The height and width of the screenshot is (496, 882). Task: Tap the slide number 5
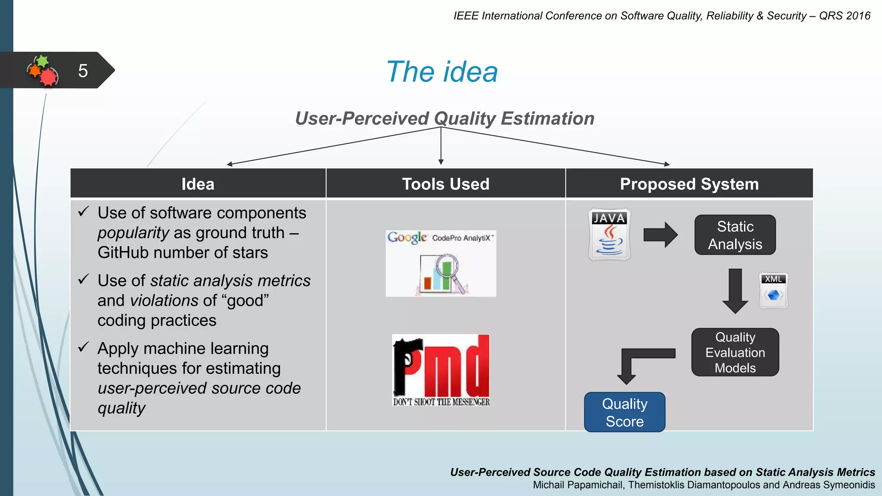tap(83, 71)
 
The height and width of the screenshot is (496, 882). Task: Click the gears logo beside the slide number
tap(43, 71)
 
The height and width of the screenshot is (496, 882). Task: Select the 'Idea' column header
tap(198, 184)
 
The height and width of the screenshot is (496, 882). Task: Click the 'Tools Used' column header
tap(445, 184)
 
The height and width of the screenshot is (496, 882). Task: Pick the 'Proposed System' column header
tap(689, 184)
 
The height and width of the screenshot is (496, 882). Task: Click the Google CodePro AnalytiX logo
tap(441, 263)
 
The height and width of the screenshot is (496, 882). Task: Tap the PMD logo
tap(441, 370)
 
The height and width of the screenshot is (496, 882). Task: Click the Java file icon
tap(609, 235)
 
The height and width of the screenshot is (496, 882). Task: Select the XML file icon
tap(773, 291)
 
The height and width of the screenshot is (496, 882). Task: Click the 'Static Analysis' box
tap(735, 235)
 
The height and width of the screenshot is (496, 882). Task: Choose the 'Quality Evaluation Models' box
tap(735, 352)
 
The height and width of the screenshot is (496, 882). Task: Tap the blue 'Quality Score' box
tap(624, 412)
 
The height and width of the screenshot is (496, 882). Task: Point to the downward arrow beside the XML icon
tap(735, 291)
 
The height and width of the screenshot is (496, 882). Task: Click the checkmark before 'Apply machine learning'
tap(84, 347)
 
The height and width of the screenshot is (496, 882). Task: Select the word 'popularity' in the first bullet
tap(133, 233)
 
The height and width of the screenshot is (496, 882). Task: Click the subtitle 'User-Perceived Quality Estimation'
tap(444, 118)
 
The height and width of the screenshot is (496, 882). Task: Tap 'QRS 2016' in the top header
tap(844, 16)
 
